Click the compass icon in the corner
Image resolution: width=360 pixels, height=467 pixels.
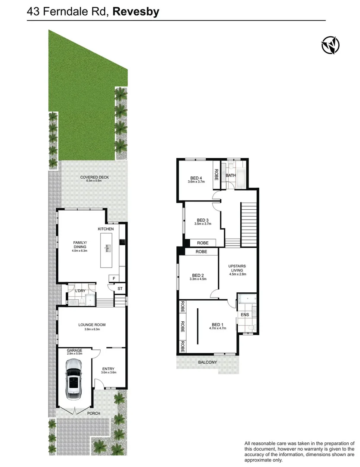[x=330, y=45]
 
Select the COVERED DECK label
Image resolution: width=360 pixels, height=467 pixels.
[x=95, y=177]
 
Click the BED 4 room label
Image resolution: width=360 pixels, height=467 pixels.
[x=196, y=178]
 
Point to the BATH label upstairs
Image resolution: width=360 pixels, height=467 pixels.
[x=231, y=176]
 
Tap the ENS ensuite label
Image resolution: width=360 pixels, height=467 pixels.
[x=245, y=315]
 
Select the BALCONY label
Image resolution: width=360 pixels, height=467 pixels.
[x=208, y=362]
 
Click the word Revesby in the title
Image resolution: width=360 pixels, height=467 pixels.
[x=136, y=12]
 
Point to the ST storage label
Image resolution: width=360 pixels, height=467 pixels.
[x=120, y=288]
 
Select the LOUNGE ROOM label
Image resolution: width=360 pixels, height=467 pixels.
[x=92, y=325]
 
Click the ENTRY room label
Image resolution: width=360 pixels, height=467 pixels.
[x=108, y=369]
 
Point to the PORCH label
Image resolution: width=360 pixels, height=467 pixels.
[x=94, y=413]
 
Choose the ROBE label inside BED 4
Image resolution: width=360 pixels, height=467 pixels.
[x=216, y=174]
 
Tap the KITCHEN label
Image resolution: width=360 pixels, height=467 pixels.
[x=106, y=229]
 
